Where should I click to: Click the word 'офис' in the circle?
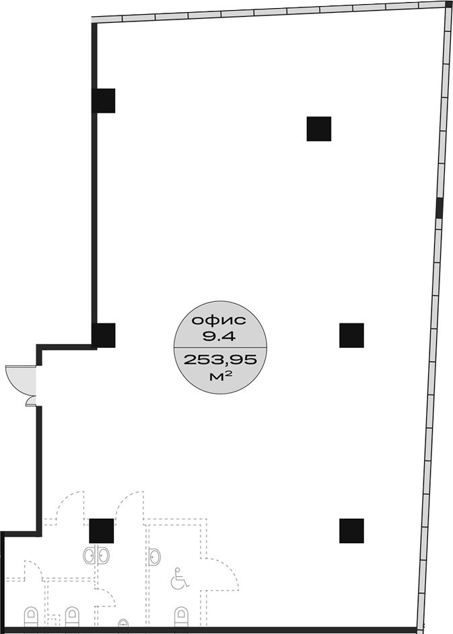219,321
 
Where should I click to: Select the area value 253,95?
220,359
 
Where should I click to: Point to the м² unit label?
221,377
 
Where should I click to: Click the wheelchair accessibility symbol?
180,579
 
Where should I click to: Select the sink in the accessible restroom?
154,557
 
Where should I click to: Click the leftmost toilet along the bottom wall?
31,616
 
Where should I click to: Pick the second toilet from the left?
71,616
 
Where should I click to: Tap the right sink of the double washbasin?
103,556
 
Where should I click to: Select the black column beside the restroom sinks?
102,530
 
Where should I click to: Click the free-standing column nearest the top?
319,129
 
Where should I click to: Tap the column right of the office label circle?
351,336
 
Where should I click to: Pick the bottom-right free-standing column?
351,530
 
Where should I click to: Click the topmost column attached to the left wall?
104,100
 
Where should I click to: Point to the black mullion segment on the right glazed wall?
440,207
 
